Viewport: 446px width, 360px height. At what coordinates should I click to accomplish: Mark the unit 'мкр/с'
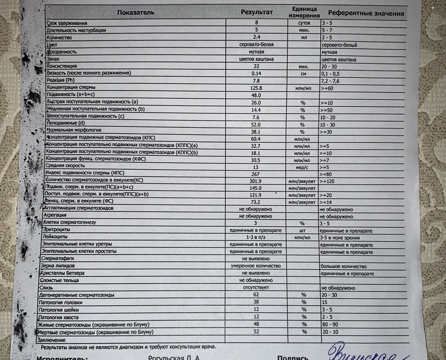click(302, 166)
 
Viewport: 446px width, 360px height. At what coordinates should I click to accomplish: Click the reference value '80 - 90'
click(330, 325)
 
